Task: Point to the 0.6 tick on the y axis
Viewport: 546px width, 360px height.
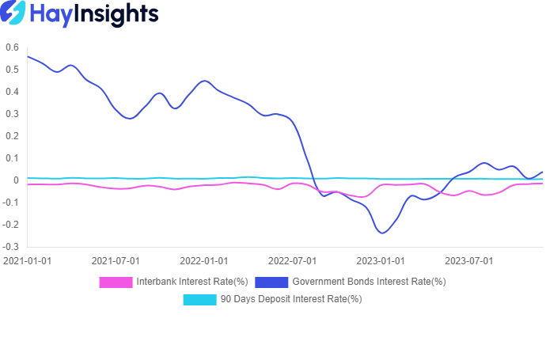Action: (12, 47)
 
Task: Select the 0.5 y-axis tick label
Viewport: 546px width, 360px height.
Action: (12, 70)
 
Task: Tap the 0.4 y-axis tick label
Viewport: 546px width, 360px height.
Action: (12, 92)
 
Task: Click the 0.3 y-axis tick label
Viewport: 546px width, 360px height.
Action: (12, 114)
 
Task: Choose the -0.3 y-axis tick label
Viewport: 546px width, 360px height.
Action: (10, 247)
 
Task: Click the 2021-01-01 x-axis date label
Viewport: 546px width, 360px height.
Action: (28, 260)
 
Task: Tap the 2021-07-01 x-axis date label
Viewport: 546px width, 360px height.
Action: (116, 260)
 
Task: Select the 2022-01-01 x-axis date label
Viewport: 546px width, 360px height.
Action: (204, 260)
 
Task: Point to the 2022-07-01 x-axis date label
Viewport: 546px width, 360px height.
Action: (292, 260)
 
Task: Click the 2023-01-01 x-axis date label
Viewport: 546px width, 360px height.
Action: (381, 260)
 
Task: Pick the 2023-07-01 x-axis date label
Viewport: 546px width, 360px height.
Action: (468, 260)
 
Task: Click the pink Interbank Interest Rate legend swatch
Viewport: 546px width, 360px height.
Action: (115, 282)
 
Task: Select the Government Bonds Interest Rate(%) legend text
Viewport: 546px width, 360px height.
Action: (369, 282)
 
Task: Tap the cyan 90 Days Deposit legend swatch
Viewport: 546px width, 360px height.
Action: (199, 299)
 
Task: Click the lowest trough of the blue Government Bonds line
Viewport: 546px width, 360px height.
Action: (383, 233)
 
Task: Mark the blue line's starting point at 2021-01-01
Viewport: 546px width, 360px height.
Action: (28, 56)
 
